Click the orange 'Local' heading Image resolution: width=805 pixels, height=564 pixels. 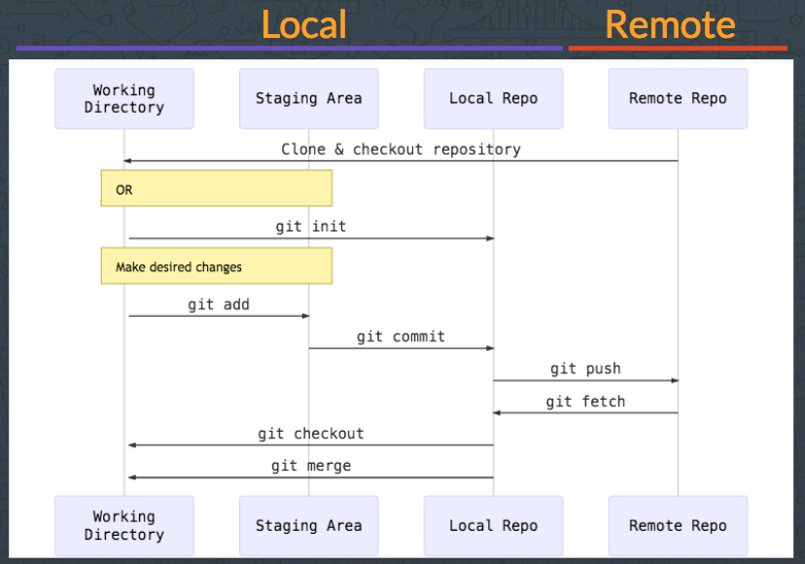(303, 24)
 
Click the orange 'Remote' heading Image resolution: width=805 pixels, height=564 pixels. (670, 24)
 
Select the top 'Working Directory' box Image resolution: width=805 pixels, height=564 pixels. (124, 98)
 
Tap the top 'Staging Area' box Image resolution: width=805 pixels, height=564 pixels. (308, 98)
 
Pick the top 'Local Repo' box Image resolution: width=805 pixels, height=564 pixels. (493, 98)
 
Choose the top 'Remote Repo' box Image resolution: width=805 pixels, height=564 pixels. (678, 98)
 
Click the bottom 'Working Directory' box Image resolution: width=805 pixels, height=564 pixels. (124, 526)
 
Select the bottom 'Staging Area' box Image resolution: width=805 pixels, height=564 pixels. (308, 526)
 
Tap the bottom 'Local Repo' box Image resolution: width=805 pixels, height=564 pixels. (493, 526)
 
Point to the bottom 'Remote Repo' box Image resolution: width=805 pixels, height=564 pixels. (678, 526)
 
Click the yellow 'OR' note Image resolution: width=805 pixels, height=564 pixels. (216, 189)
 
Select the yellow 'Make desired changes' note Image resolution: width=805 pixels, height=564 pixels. (216, 265)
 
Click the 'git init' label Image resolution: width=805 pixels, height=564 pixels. (310, 227)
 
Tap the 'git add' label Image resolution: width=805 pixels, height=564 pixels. (219, 304)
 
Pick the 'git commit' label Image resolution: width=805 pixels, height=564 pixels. (401, 336)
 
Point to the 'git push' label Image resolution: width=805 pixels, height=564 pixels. (585, 369)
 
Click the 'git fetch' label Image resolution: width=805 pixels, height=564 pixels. (585, 401)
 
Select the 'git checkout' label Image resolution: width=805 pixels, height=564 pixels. (310, 434)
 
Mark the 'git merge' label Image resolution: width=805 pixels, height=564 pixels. (310, 466)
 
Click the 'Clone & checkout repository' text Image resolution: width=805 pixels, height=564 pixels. (401, 149)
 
